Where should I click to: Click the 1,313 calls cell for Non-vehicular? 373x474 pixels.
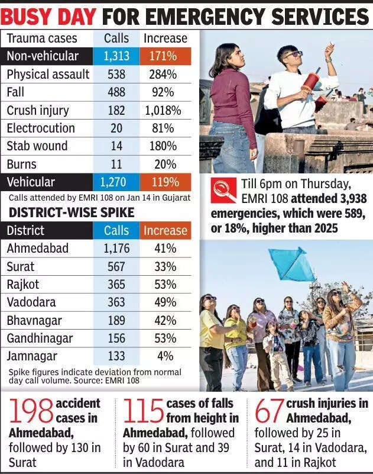coord(116,56)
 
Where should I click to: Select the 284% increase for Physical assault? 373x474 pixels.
coord(162,75)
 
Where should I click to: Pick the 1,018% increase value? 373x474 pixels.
coord(163,111)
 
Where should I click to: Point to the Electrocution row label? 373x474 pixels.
coord(41,128)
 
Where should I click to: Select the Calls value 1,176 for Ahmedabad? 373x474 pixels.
coord(116,249)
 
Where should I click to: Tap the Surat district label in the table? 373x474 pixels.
coord(21,267)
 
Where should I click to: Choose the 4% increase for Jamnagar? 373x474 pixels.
coord(166,356)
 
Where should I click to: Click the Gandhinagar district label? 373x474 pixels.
coord(40,338)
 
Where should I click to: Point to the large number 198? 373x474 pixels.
coord(30,412)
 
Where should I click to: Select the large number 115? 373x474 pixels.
coord(144,412)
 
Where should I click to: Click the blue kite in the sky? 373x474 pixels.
coord(292,264)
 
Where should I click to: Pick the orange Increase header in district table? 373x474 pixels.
coord(166,231)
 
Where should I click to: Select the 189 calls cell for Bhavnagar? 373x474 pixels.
coord(116,320)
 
